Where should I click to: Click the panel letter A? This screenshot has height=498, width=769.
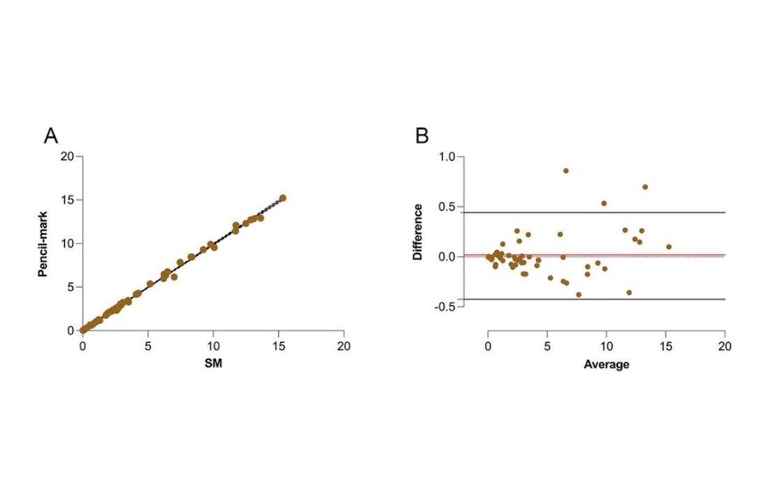(51, 136)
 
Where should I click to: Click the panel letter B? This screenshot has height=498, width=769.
(422, 136)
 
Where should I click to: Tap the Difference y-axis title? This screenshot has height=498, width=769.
(417, 232)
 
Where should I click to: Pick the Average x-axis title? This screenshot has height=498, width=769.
(606, 364)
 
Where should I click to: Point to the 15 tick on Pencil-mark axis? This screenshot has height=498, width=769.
(67, 200)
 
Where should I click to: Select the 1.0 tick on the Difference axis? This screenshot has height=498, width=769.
(446, 157)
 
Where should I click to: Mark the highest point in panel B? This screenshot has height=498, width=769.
(566, 171)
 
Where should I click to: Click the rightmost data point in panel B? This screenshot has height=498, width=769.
(669, 247)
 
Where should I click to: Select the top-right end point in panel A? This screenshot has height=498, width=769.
(282, 198)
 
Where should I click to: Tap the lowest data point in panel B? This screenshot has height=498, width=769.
(579, 294)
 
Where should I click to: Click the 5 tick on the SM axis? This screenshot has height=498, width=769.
(148, 346)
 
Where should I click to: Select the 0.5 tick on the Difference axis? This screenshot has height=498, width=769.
(446, 207)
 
